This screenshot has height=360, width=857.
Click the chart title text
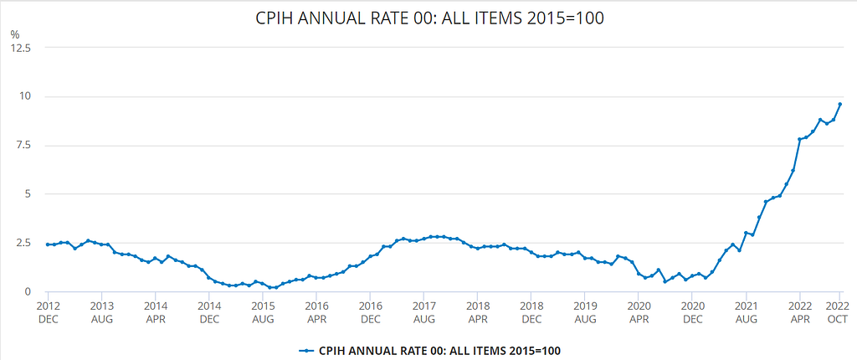[429, 18]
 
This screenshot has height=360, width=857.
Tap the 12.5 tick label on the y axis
[20, 48]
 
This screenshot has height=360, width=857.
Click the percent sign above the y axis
[14, 34]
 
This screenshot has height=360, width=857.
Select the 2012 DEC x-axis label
[48, 311]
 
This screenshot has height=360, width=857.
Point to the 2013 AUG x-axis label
[101, 311]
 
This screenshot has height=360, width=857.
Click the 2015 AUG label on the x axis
[262, 311]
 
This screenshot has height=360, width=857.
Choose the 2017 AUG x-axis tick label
[423, 311]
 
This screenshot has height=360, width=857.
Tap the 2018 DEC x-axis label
[531, 311]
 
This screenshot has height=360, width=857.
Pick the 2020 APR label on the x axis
[638, 311]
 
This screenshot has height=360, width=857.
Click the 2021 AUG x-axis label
[746, 311]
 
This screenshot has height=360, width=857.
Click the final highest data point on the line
[840, 104]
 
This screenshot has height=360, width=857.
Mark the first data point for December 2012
[48, 244]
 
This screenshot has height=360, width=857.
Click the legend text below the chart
[440, 350]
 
